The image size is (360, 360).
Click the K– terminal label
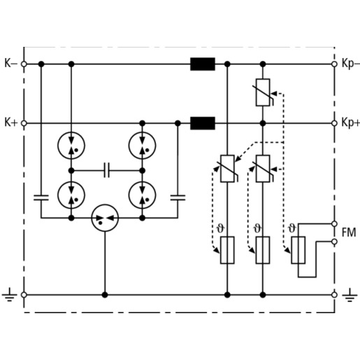click(x=10, y=64)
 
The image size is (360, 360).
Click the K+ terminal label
click(x=11, y=122)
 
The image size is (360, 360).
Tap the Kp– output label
click(x=351, y=64)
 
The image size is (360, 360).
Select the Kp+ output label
click(x=351, y=123)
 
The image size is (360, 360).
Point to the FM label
click(x=349, y=233)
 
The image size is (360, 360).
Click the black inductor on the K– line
click(x=203, y=64)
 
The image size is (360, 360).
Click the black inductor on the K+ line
click(x=203, y=123)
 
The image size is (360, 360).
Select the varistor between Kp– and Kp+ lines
click(x=264, y=92)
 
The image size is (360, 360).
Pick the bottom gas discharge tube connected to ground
click(x=105, y=218)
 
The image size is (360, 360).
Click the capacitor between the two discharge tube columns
click(x=107, y=171)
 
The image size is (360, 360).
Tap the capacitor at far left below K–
click(x=41, y=198)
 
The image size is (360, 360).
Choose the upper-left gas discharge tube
click(x=71, y=145)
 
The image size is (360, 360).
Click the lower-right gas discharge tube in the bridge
click(x=142, y=195)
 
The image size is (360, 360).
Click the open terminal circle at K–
click(x=24, y=64)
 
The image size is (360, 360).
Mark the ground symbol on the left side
click(x=9, y=295)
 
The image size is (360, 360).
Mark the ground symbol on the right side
click(x=350, y=295)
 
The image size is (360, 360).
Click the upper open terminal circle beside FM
click(x=334, y=224)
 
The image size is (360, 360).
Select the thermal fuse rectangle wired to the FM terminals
click(x=298, y=250)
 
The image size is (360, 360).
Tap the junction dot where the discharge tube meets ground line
click(x=105, y=295)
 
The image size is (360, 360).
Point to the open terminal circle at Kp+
click(x=334, y=123)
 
